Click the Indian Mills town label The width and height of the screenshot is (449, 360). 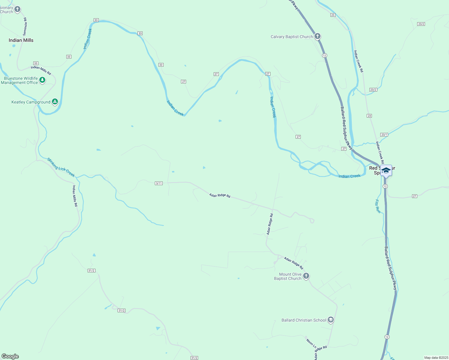(x=21, y=40)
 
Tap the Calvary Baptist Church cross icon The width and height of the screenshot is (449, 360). (x=318, y=37)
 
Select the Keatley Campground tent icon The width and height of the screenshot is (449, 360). (x=55, y=102)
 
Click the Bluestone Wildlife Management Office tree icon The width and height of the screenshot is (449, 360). (x=42, y=80)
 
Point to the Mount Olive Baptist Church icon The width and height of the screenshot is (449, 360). (x=306, y=276)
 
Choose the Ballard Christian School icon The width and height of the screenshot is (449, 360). (x=330, y=320)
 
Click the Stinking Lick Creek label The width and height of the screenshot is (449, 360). (x=61, y=167)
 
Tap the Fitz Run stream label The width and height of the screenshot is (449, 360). (x=378, y=206)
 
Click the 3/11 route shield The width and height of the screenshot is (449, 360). (x=159, y=183)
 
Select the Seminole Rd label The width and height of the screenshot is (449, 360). (x=25, y=27)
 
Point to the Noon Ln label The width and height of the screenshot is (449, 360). (x=311, y=343)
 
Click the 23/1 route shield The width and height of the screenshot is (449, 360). (x=384, y=135)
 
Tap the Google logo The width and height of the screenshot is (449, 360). (x=10, y=356)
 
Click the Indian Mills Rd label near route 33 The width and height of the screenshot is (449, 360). (x=41, y=70)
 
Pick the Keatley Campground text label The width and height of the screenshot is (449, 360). (x=31, y=102)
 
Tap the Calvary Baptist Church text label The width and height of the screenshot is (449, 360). (x=292, y=37)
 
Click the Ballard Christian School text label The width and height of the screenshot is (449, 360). (x=304, y=320)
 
